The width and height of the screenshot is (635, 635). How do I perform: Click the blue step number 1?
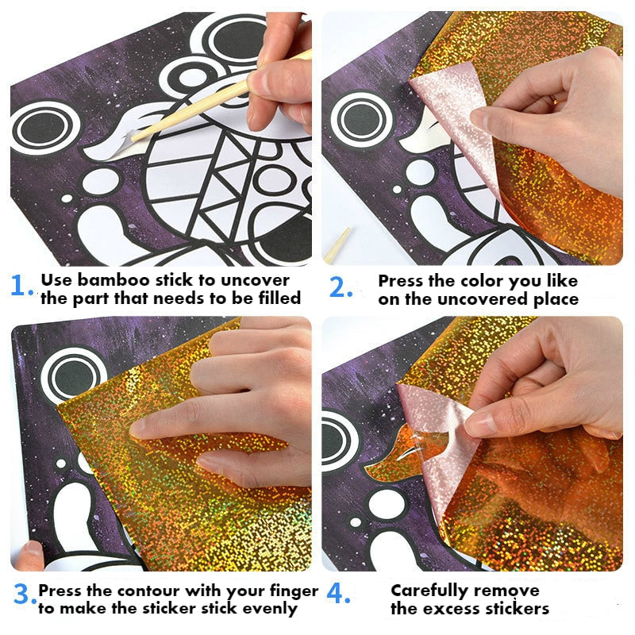point(21,287)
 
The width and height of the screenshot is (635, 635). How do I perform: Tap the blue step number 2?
point(340,287)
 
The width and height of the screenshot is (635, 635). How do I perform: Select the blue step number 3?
point(23,596)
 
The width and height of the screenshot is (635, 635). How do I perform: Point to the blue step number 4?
point(338,596)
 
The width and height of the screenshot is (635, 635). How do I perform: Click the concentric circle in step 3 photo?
point(74,373)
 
